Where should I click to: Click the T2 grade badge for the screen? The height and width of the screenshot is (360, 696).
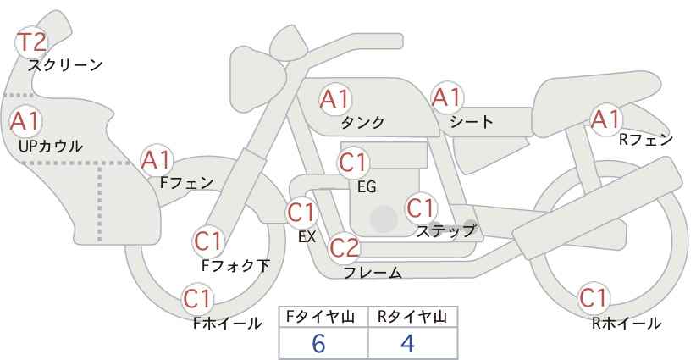tap(31, 42)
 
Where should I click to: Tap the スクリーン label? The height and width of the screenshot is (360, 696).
tap(65, 66)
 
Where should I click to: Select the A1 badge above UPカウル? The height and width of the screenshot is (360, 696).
tap(26, 121)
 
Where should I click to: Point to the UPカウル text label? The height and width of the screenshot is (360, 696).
tap(51, 146)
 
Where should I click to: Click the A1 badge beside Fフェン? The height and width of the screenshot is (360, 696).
tap(157, 160)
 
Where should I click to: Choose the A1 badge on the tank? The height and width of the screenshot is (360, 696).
tap(335, 99)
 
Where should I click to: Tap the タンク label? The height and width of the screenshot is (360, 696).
tap(362, 122)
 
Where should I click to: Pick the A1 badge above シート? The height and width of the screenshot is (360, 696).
tap(447, 97)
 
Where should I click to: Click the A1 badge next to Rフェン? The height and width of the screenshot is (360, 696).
tap(606, 119)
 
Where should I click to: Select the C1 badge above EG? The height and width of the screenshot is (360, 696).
tap(353, 163)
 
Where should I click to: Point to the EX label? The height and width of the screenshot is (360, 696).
tap(307, 237)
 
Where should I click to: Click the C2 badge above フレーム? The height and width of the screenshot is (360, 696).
tap(345, 248)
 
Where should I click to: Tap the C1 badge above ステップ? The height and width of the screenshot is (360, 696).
tap(421, 208)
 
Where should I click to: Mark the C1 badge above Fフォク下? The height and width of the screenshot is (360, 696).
tap(208, 242)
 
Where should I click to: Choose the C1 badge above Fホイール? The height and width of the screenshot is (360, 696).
tap(198, 299)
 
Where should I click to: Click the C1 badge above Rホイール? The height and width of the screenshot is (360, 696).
tap(594, 298)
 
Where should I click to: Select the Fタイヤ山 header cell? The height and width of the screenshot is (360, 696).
tap(323, 317)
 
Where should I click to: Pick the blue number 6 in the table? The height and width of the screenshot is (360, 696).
tap(318, 343)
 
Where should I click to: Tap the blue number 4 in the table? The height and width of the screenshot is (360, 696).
tap(407, 343)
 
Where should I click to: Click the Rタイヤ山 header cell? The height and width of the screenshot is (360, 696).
tap(413, 317)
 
